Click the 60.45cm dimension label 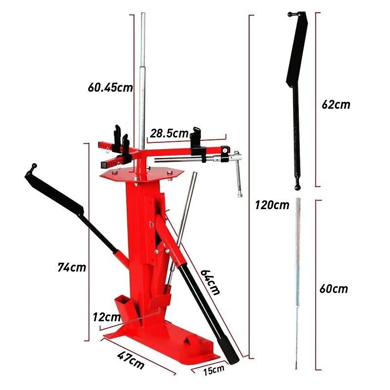pyautogui.click(x=110, y=88)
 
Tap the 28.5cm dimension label pyautogui.click(x=169, y=133)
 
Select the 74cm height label pyautogui.click(x=71, y=267)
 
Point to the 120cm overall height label pyautogui.click(x=272, y=205)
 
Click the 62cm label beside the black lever pyautogui.click(x=336, y=104)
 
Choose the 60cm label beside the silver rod pyautogui.click(x=334, y=289)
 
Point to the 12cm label pyautogui.click(x=106, y=317)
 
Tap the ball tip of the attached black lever pyautogui.click(x=34, y=167)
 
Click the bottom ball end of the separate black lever pyautogui.click(x=297, y=186)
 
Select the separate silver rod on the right pyautogui.click(x=297, y=283)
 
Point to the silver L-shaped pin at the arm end pyautogui.click(x=237, y=173)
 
